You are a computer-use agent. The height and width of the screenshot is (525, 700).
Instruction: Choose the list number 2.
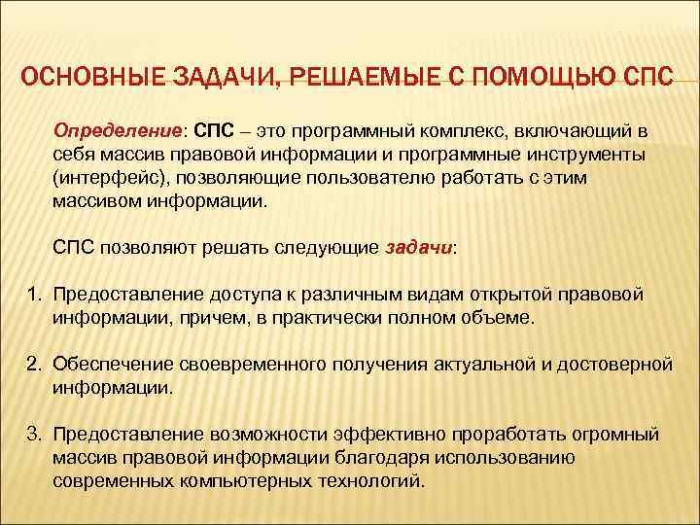coord(32,365)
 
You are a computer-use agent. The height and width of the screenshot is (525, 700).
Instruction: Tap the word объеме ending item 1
coord(502,318)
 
